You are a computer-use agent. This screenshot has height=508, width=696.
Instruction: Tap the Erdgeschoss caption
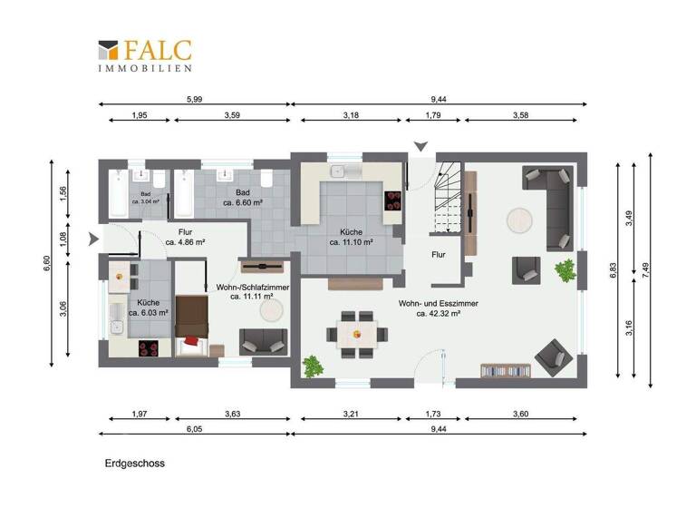[x=134, y=463]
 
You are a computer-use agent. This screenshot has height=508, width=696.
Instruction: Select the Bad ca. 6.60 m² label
[x=242, y=198]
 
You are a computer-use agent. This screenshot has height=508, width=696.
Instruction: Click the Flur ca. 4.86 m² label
[x=185, y=238]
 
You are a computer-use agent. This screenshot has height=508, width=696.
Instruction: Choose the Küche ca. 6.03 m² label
[x=147, y=308]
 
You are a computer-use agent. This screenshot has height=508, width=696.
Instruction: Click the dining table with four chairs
[x=355, y=333]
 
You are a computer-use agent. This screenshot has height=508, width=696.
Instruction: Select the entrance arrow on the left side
[x=95, y=240]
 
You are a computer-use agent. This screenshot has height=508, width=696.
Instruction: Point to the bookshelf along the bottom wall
[x=506, y=370]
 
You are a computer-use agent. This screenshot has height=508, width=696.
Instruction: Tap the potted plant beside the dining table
[x=314, y=366]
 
